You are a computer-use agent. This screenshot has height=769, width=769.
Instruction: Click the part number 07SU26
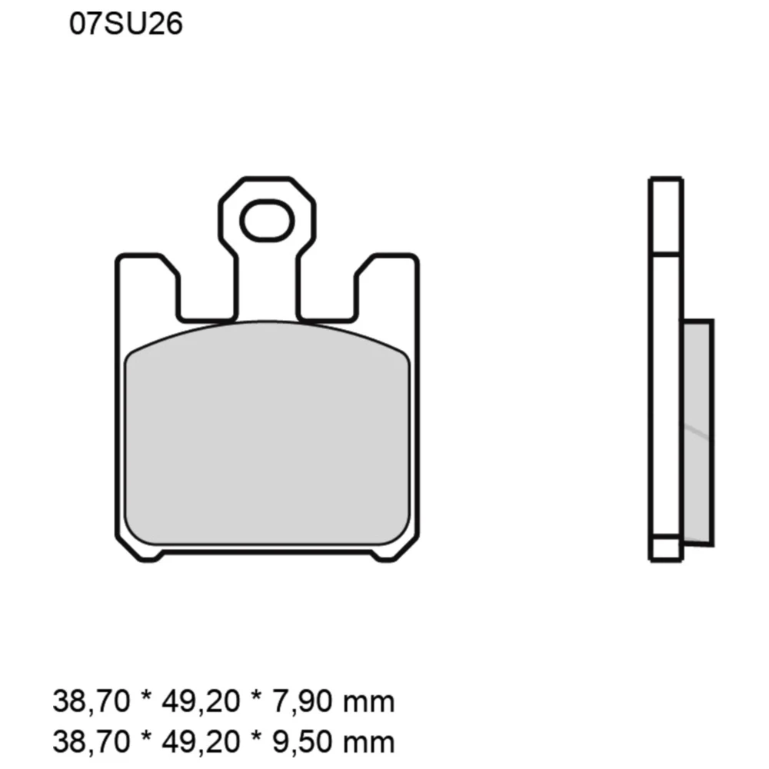pos(125,25)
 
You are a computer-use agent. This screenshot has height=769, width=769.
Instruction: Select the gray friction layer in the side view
pos(697,431)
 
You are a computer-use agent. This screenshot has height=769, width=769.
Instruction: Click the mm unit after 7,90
pos(370,702)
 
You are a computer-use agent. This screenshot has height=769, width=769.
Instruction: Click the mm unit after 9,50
pos(370,741)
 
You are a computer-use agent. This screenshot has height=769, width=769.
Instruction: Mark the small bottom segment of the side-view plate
pos(665,548)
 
